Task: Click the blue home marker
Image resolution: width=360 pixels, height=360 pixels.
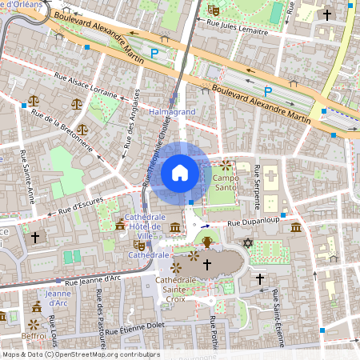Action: [180, 172]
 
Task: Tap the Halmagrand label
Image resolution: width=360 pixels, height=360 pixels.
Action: [172, 113]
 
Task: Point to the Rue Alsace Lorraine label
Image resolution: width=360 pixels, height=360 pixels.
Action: [86, 85]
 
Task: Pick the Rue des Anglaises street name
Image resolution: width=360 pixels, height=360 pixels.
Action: [129, 132]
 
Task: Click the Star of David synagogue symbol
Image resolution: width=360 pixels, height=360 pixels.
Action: [248, 242]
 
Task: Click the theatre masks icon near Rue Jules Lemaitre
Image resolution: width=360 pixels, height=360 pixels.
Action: [213, 10]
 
